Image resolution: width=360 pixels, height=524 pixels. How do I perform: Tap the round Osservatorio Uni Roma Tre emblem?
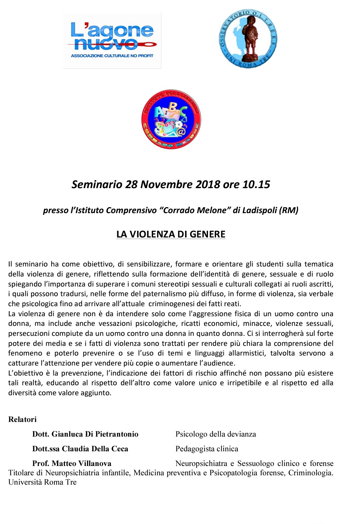pos(248,39)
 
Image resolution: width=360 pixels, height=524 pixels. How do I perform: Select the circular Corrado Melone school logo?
pos(171,119)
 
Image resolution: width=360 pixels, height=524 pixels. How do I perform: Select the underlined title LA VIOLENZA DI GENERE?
pos(171,234)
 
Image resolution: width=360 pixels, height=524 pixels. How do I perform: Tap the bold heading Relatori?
pos(22,419)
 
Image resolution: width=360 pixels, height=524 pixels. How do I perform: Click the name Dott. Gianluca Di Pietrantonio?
pos(85,434)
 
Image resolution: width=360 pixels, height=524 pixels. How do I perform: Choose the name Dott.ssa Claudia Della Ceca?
pos(80,449)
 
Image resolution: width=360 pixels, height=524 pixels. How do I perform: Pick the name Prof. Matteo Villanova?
pos(72,463)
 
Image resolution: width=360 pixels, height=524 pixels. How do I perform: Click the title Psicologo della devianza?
pos(216,434)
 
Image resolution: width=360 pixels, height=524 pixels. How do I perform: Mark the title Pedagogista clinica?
pos(207,449)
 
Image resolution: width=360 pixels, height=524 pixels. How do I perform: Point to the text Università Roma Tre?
pos(42,482)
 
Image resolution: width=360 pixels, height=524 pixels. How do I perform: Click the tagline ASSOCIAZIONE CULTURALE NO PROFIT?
pos(112,56)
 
